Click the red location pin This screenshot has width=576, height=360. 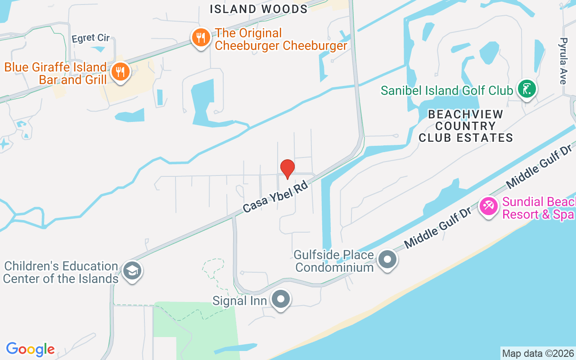tap(288, 169)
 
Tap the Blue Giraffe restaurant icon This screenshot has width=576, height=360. tap(120, 72)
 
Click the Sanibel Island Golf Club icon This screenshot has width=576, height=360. tap(526, 89)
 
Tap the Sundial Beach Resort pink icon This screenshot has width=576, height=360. tap(488, 206)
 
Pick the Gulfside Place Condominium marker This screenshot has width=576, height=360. tap(387, 259)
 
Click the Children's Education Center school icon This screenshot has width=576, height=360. tap(132, 270)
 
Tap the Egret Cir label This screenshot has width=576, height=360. tap(90, 38)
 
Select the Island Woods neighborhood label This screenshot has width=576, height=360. tap(259, 9)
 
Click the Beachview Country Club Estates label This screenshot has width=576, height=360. tap(466, 126)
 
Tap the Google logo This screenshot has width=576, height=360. tap(31, 349)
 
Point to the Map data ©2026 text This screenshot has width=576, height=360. tap(538, 353)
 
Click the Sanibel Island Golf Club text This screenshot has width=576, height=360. tap(446, 90)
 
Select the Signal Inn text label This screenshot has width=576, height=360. tap(240, 300)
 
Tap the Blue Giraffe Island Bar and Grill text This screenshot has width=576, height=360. tap(55, 74)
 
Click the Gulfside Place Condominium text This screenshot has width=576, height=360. tap(334, 261)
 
